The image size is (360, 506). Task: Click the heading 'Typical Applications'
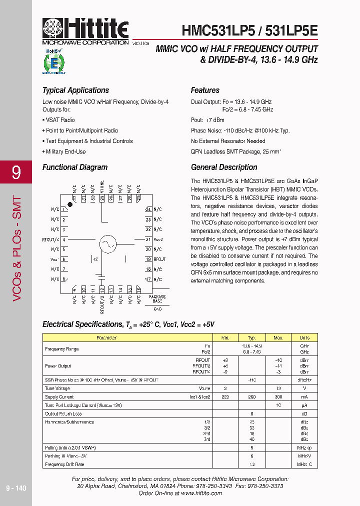(75, 90)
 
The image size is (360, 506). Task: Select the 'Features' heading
(205, 90)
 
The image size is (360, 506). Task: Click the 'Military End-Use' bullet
(65, 151)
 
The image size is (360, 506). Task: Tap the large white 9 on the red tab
(16, 173)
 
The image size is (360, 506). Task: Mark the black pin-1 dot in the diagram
(70, 205)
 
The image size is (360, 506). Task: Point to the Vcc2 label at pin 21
(158, 240)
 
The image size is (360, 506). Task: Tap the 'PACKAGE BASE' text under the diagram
(158, 299)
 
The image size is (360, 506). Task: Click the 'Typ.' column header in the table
(251, 338)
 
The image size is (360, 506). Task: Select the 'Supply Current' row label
(59, 396)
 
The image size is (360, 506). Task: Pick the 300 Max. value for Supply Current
(278, 396)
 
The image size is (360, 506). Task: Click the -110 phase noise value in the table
(251, 380)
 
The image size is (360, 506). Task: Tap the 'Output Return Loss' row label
(63, 413)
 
